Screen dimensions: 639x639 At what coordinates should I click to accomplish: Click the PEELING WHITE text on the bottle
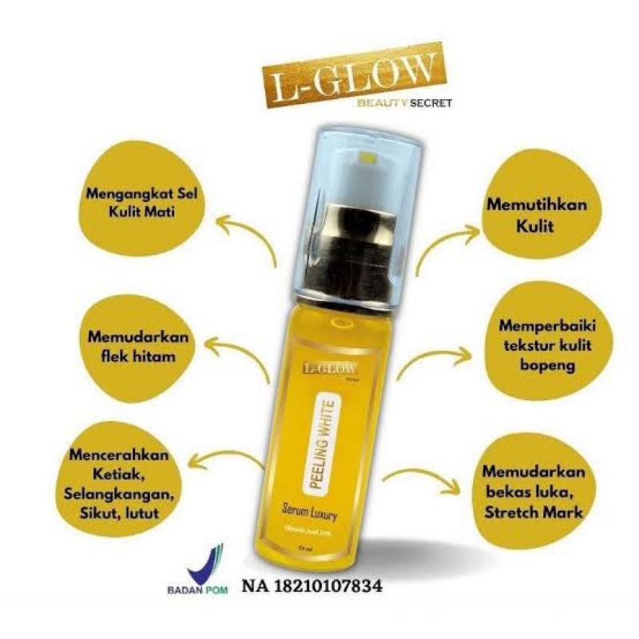coord(328,436)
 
